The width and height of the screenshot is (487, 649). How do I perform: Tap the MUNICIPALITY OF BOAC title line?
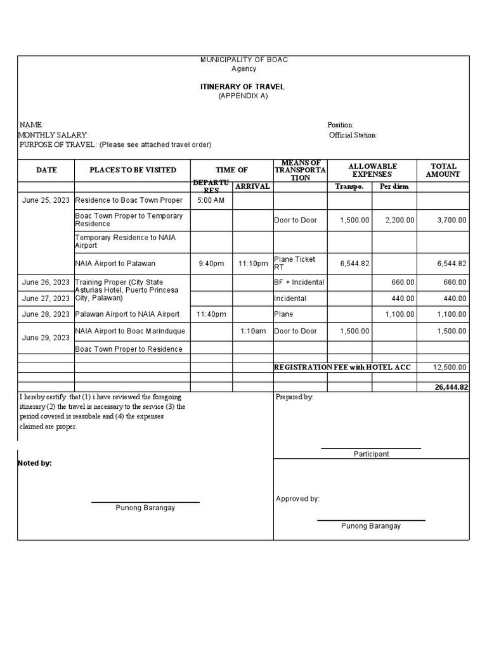(x=243, y=60)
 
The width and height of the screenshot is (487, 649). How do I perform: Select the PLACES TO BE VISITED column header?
(x=133, y=170)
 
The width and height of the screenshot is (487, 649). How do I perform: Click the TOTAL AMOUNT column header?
(x=443, y=170)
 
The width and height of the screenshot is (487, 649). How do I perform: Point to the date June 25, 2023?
(x=46, y=200)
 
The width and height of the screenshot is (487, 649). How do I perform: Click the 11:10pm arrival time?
(x=253, y=264)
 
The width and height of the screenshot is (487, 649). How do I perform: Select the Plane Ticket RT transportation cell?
(x=295, y=264)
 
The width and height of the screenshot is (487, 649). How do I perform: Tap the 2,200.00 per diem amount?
(x=399, y=220)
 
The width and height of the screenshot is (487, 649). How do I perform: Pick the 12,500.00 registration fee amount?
(x=450, y=368)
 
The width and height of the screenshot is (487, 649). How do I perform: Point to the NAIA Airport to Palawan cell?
(x=115, y=264)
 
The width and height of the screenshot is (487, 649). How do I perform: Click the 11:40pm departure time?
(x=211, y=314)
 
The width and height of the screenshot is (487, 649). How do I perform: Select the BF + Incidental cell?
(x=299, y=283)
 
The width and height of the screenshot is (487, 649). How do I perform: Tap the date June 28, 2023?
(x=46, y=314)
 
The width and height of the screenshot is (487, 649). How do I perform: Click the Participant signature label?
(x=371, y=454)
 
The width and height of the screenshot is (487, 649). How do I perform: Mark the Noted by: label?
(x=35, y=463)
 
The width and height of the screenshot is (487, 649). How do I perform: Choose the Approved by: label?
(x=297, y=499)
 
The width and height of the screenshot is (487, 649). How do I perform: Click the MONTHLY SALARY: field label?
(x=54, y=135)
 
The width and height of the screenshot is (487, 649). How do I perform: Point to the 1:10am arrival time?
(x=253, y=331)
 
